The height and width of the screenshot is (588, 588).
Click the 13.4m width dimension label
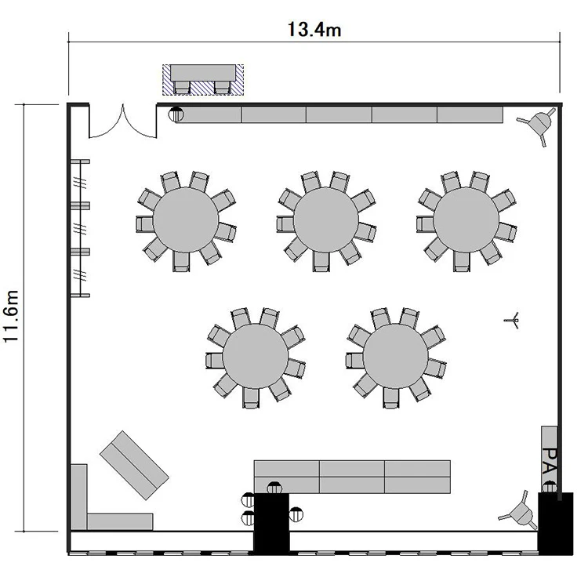[314, 30]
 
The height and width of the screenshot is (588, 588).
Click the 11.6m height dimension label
[11, 316]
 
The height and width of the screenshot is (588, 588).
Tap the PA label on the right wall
[550, 460]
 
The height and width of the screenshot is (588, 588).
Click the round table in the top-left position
[186, 220]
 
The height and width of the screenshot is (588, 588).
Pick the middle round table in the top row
[326, 220]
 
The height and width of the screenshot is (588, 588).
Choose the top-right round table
[466, 220]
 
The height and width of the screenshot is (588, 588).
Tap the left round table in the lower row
[256, 356]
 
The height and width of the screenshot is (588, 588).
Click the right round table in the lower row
[396, 356]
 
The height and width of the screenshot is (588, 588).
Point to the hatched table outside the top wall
[203, 80]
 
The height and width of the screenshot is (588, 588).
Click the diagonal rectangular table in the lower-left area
[134, 465]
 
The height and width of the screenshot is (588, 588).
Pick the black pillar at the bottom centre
[271, 524]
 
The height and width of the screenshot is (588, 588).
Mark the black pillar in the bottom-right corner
[555, 524]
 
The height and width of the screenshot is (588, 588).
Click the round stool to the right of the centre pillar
[296, 514]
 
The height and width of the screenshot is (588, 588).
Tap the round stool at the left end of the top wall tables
[176, 114]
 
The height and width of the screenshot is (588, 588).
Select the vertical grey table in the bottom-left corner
[78, 497]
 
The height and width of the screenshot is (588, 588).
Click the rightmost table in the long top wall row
[470, 114]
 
